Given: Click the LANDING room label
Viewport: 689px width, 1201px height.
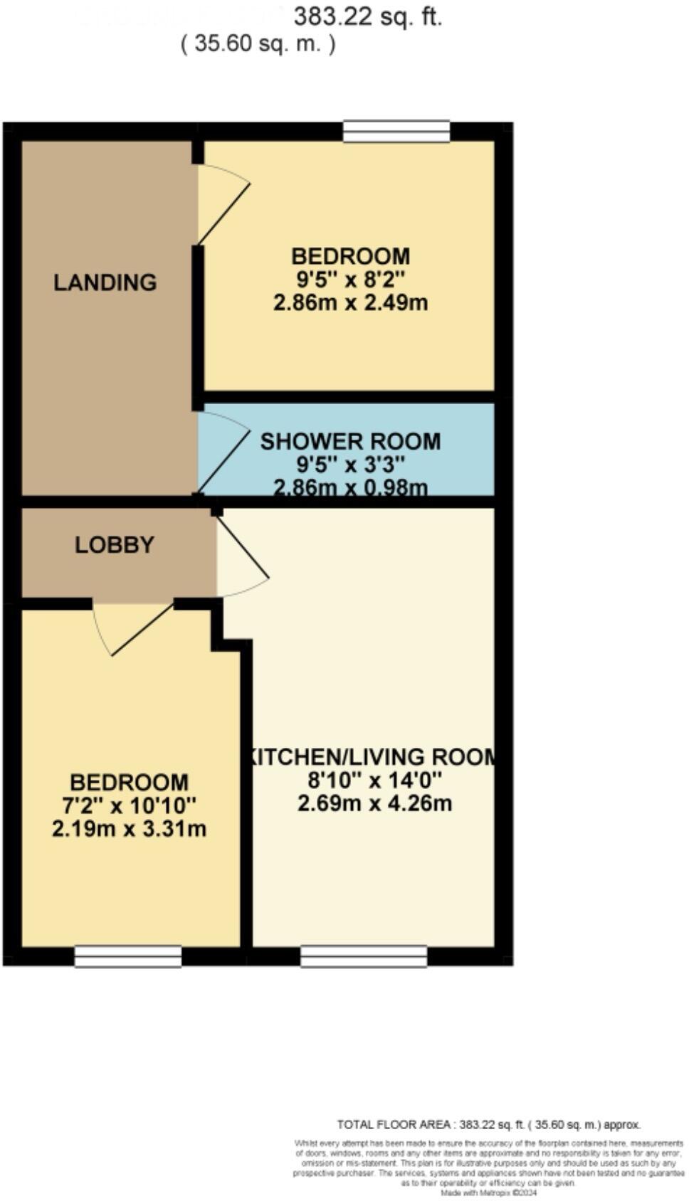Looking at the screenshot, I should [105, 282].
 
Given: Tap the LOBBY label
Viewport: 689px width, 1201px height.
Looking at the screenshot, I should [115, 545].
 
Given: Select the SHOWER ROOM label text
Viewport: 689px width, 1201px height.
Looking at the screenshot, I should [350, 441].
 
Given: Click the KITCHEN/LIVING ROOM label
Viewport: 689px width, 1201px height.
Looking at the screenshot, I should [372, 756].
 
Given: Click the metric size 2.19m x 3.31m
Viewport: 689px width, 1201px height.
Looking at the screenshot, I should [129, 829].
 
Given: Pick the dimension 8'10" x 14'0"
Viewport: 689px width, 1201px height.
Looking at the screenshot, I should [374, 781].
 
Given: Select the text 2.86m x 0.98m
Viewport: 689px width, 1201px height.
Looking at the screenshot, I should [350, 487].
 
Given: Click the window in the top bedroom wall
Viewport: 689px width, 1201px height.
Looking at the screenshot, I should [396, 132].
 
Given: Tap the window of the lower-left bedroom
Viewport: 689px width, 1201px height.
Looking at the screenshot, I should [128, 956].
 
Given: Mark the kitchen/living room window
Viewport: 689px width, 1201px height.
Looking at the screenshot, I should [364, 956].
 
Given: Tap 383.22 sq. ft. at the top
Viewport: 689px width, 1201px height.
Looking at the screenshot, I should [368, 16].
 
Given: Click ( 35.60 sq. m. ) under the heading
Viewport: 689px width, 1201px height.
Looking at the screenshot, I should [258, 43].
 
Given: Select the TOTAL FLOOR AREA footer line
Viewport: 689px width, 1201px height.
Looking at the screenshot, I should [488, 1125].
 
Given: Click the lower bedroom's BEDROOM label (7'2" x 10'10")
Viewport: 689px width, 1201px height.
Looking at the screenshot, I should [129, 783].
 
